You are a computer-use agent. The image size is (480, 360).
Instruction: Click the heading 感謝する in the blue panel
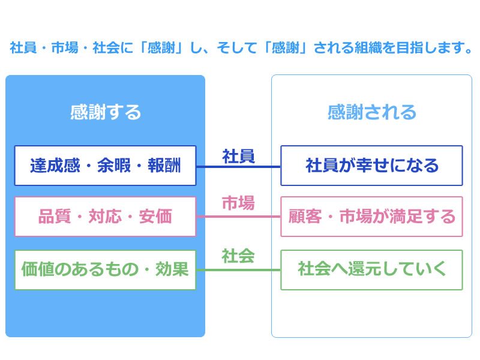tap(106, 112)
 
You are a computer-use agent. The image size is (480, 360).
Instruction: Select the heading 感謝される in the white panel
tap(372, 112)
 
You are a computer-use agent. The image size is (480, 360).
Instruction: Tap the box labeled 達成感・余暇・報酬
tap(106, 166)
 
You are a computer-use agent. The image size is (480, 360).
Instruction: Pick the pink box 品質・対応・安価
tap(106, 217)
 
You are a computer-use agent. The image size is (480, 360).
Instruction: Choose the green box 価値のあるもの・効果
tap(106, 269)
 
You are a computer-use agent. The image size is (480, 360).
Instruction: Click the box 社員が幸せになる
tap(371, 166)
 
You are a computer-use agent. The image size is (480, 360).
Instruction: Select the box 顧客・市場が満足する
tap(371, 217)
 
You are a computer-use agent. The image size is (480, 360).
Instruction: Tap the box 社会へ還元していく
tap(371, 269)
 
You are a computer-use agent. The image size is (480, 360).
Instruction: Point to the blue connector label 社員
tap(238, 157)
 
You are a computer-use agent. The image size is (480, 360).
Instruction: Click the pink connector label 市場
tap(238, 203)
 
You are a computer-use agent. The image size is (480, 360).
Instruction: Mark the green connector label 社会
tap(238, 256)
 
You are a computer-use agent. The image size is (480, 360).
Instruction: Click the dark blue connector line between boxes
tap(238, 167)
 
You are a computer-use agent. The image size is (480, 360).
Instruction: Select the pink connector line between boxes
tap(238, 217)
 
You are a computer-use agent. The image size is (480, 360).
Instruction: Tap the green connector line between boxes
tap(238, 269)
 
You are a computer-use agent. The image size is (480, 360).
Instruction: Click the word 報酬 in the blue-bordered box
tap(164, 166)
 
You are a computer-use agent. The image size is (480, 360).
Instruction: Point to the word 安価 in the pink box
tap(155, 217)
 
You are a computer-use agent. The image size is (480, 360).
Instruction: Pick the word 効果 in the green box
tap(172, 269)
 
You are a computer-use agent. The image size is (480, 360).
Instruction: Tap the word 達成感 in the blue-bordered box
tap(55, 166)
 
